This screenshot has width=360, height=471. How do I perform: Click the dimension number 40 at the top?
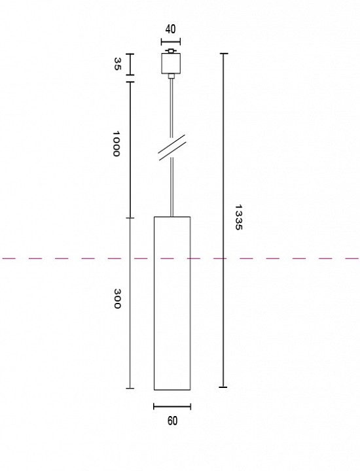[171, 29]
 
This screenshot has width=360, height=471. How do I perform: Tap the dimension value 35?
[118, 64]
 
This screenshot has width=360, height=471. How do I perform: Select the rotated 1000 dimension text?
[117, 143]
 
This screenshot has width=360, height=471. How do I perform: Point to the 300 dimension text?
[118, 298]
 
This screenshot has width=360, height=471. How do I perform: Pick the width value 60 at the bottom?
[172, 421]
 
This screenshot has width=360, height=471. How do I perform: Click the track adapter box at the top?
[171, 63]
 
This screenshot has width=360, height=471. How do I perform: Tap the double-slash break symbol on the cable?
[171, 148]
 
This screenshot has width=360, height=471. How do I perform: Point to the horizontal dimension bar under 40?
[171, 41]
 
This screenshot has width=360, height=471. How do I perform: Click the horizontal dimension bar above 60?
[172, 406]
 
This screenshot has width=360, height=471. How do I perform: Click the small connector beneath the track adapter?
[171, 76]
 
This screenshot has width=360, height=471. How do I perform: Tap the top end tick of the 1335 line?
[224, 54]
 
